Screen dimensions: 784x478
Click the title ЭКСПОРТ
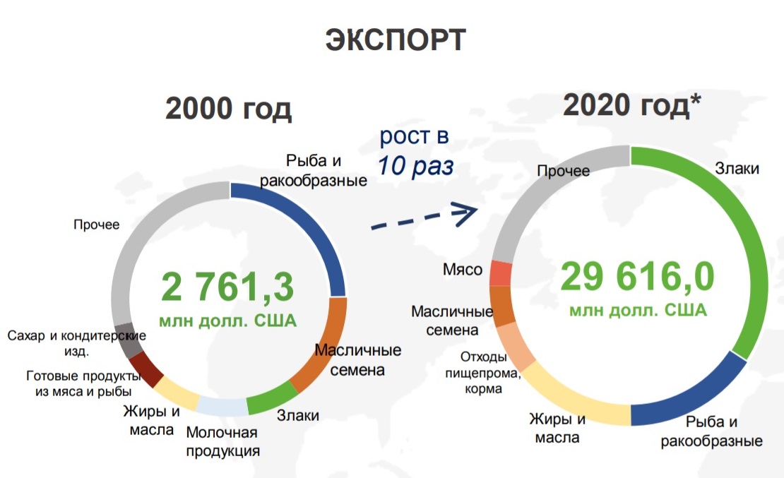click(396, 40)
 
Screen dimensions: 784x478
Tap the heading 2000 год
click(228, 109)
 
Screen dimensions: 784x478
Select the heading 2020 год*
click(631, 105)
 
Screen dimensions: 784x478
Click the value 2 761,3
click(227, 287)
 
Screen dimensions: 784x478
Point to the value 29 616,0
click(638, 276)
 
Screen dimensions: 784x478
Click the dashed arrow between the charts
click(424, 217)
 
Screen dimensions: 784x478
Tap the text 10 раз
click(415, 166)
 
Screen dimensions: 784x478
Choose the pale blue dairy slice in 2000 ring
click(222, 407)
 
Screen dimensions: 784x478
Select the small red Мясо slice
click(501, 273)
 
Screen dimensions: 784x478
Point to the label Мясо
click(463, 270)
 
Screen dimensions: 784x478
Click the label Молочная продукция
click(222, 441)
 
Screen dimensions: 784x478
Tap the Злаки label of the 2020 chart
click(737, 169)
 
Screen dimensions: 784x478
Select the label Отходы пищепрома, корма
click(483, 373)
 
